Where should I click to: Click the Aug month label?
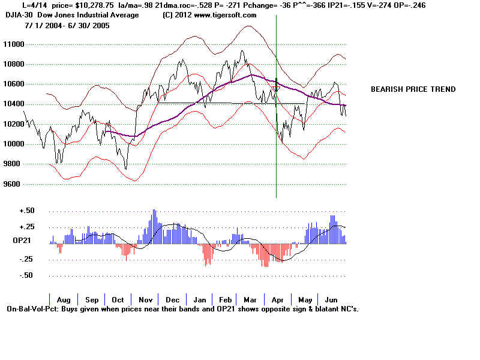[63, 300]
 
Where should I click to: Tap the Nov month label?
[146, 300]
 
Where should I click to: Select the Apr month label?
[278, 300]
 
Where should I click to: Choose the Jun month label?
[331, 300]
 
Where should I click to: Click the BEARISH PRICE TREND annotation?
[413, 89]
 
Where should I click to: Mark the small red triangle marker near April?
[275, 89]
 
